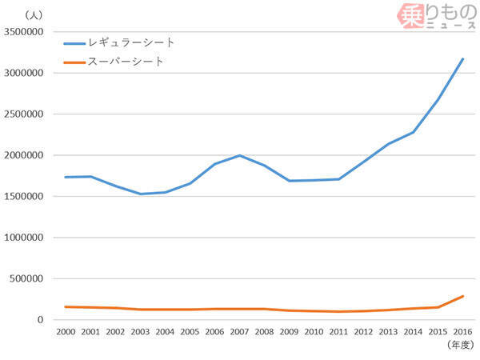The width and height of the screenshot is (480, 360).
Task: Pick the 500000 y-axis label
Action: tap(29, 278)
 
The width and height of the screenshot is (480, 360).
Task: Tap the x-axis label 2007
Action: tap(239, 330)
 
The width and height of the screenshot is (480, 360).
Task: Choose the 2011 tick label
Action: tap(338, 330)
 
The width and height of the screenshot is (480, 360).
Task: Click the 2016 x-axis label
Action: tap(462, 330)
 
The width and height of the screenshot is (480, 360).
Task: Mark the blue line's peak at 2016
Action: tap(462, 58)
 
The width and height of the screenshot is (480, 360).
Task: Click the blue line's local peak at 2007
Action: tap(239, 155)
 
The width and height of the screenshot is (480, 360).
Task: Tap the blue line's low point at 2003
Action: tap(140, 194)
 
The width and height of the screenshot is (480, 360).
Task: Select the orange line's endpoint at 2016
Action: tap(462, 296)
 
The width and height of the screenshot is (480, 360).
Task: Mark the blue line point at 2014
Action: tap(413, 132)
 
